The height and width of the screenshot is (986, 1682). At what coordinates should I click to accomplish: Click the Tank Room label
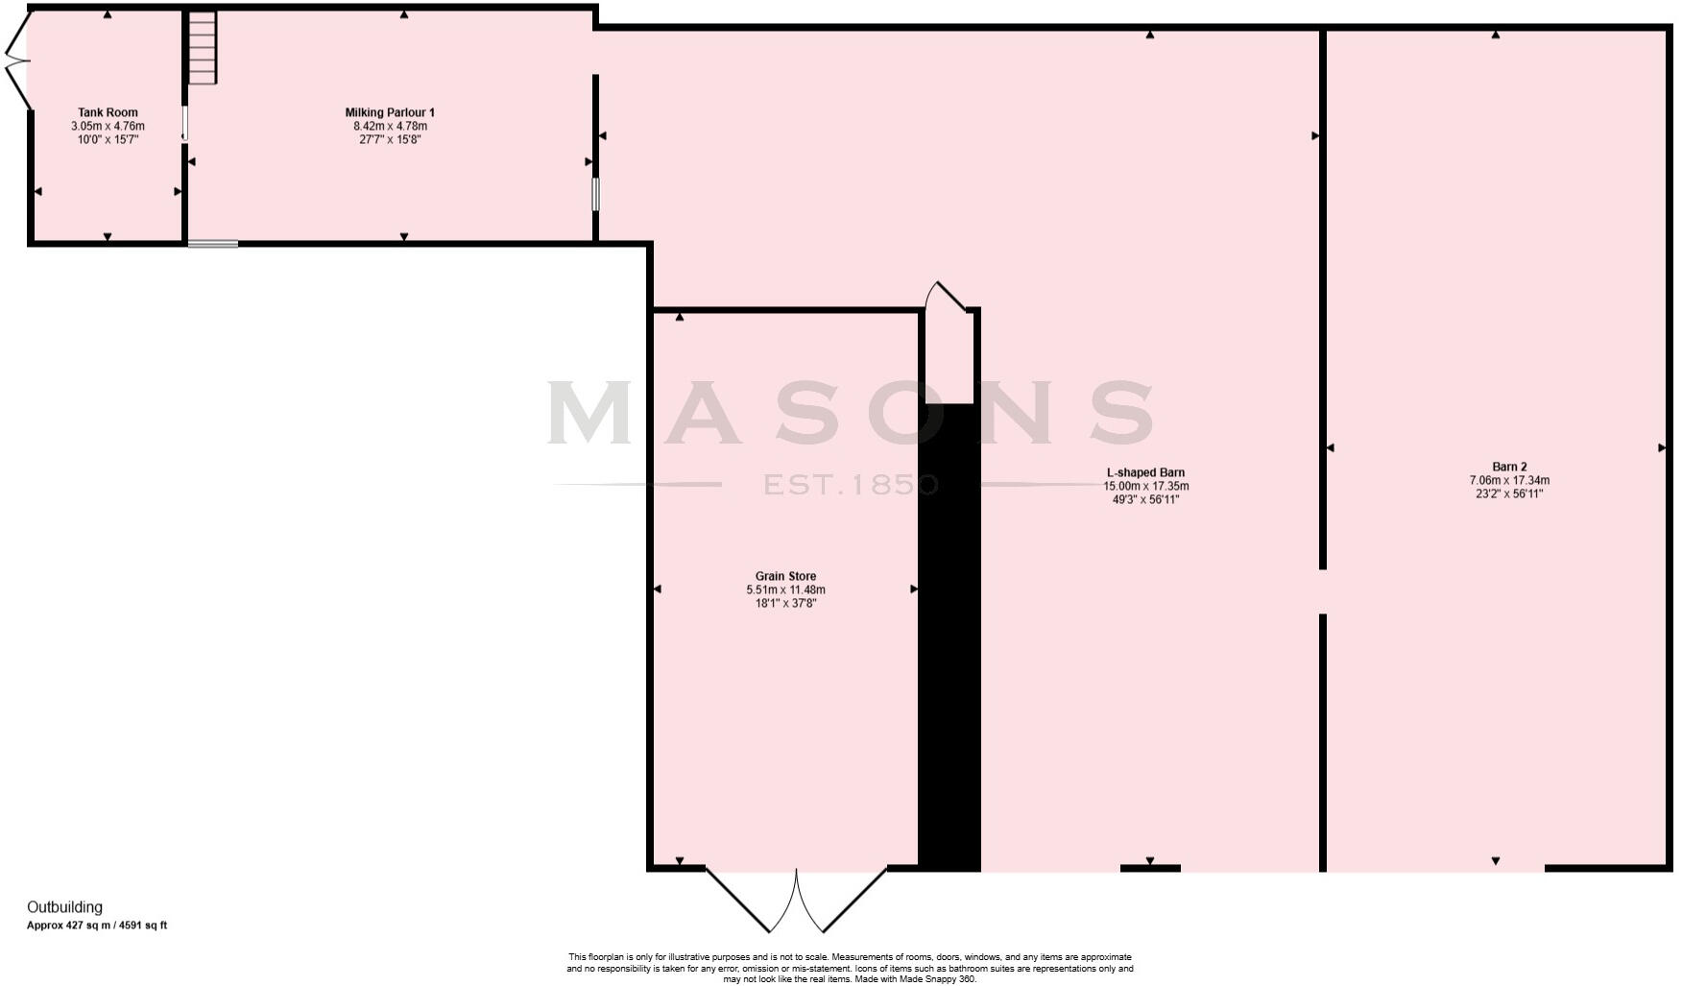point(108,112)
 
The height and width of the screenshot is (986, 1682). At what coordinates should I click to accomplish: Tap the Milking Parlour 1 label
point(390,112)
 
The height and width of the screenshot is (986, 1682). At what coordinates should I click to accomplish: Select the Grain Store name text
point(785,576)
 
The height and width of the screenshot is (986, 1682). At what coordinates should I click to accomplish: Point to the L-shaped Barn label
point(1145,472)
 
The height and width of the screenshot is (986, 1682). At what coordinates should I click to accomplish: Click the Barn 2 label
point(1509,467)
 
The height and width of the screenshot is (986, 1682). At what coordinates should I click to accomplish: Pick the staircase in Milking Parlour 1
point(203,48)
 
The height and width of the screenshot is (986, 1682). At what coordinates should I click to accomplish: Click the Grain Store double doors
point(796,899)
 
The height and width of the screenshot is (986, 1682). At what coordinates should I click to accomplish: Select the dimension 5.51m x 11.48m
point(785,589)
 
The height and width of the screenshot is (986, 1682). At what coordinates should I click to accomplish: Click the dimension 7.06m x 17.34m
point(1509,480)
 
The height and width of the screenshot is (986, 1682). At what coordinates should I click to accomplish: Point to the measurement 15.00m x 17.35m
point(1145,486)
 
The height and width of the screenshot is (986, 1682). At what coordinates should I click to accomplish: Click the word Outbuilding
point(64,907)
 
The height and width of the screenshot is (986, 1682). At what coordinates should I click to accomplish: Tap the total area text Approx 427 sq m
point(97,926)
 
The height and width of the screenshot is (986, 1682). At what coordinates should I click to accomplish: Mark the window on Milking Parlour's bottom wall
point(213,244)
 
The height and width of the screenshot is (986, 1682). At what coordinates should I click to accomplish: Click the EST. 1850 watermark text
point(851,485)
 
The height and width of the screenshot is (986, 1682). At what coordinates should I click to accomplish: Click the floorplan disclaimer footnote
point(850,968)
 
